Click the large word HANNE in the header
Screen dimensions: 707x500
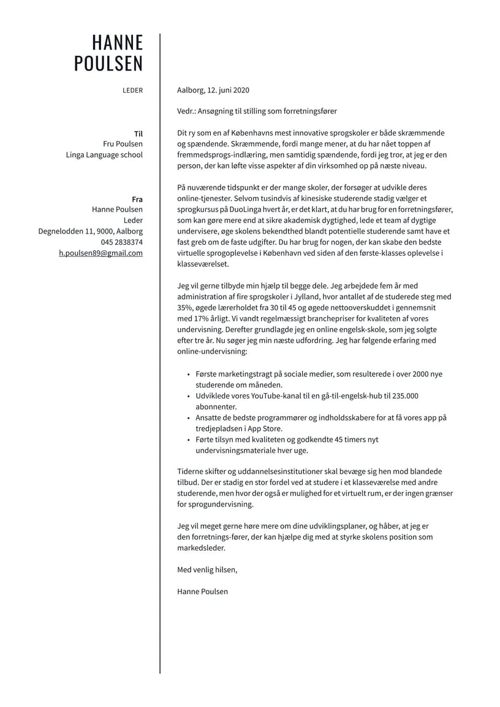pyautogui.click(x=117, y=42)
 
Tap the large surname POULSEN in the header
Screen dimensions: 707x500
pyautogui.click(x=108, y=64)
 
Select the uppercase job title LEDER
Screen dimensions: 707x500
pyautogui.click(x=132, y=90)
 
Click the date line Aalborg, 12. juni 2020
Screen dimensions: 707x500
pyautogui.click(x=213, y=90)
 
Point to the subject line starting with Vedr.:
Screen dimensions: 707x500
pyautogui.click(x=257, y=111)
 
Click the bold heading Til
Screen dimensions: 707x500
pyautogui.click(x=138, y=133)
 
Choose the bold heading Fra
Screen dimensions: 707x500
pyautogui.click(x=137, y=199)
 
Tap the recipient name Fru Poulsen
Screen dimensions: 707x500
pyautogui.click(x=123, y=144)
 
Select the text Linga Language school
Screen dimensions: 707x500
pyautogui.click(x=104, y=155)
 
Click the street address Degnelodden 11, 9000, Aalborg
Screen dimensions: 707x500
pyautogui.click(x=90, y=231)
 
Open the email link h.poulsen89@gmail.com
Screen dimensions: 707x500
pyautogui.click(x=100, y=253)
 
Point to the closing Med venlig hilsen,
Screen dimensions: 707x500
pyautogui.click(x=206, y=570)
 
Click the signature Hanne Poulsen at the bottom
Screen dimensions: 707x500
pyautogui.click(x=202, y=591)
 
